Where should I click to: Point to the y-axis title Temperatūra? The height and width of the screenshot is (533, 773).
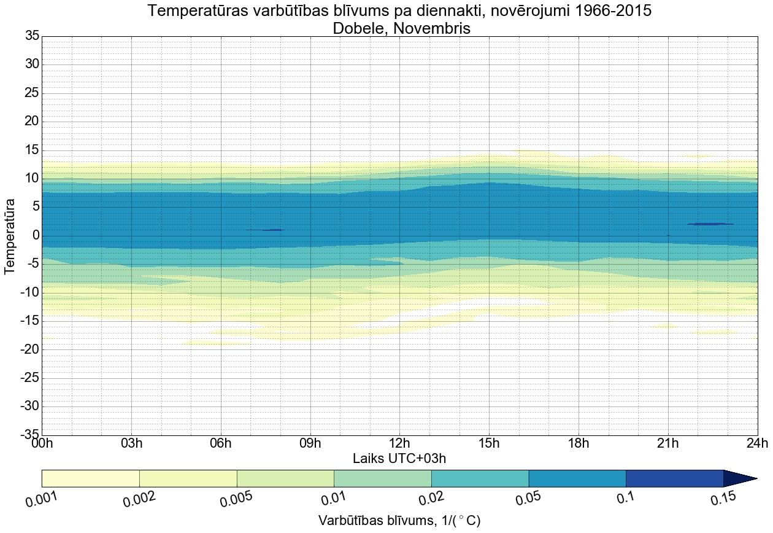coord(10,235)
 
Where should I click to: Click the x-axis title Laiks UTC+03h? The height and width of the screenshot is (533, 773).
coord(399,458)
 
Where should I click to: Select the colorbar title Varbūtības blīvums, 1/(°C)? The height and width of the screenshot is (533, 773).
coord(399,521)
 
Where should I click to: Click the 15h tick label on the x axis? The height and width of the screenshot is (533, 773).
coord(489,443)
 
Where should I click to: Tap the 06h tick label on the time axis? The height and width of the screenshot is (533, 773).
coord(221,443)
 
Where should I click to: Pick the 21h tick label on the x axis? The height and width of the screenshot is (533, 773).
coord(668,443)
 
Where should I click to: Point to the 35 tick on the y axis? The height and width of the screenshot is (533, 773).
coord(31,36)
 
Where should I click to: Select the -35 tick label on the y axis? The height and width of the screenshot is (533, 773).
coord(28,435)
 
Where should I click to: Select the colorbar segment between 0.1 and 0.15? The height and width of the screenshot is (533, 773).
coord(674,478)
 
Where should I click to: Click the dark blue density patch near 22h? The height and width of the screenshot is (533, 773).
coord(710,224)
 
